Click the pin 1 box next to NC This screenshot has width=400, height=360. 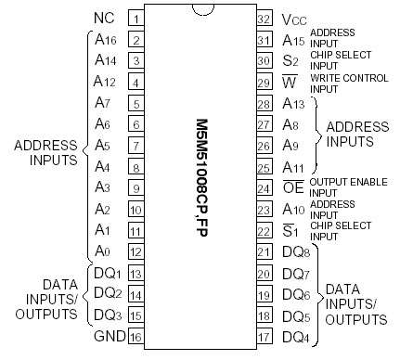click(135, 19)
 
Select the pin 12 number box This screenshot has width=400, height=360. click(135, 251)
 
